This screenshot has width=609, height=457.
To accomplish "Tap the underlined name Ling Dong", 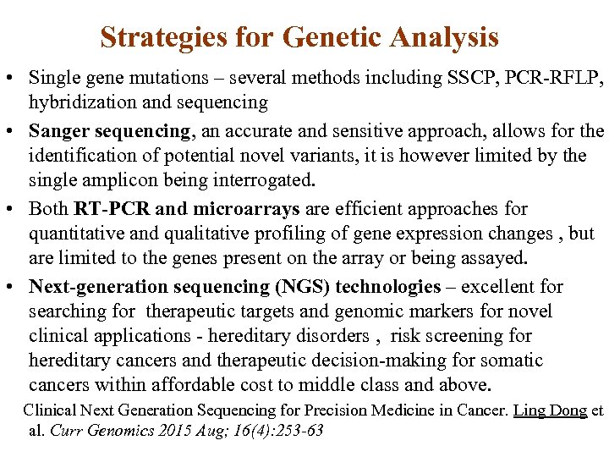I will [551, 410].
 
